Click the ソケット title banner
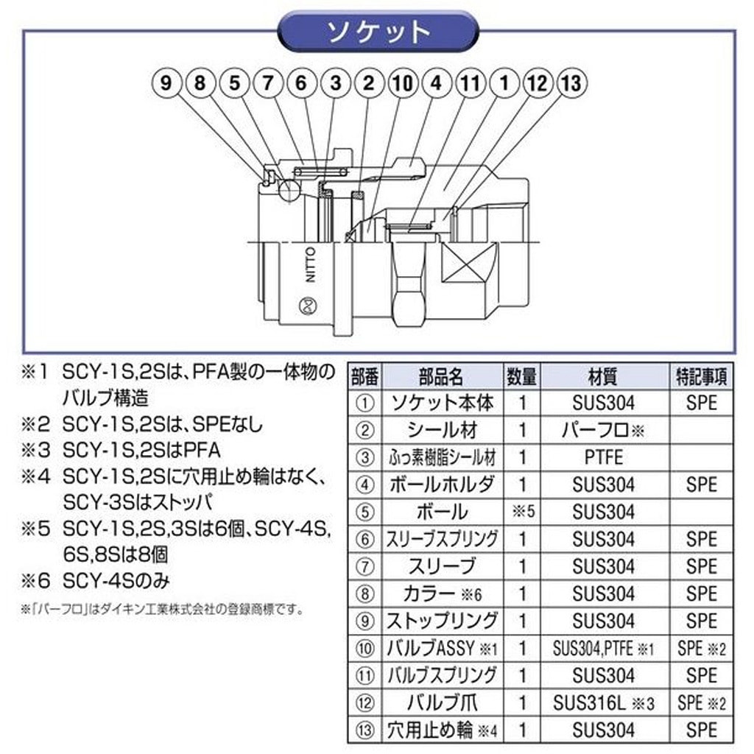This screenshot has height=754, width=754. (377, 32)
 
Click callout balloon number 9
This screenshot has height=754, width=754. (166, 83)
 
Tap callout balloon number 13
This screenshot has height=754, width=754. (571, 83)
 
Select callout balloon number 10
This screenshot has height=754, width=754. (402, 83)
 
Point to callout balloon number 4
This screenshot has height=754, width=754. (436, 83)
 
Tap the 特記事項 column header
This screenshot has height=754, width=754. (701, 377)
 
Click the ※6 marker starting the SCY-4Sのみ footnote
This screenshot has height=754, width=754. (35, 581)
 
